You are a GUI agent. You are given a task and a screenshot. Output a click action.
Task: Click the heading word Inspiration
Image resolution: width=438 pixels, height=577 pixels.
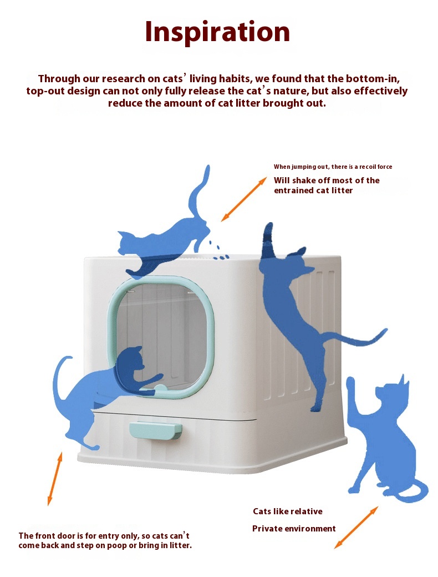click(x=217, y=32)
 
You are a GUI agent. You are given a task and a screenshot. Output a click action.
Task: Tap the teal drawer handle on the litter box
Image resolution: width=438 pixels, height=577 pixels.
click(x=156, y=430)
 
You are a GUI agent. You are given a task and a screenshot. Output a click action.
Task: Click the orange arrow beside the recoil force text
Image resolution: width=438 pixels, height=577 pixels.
click(x=243, y=199)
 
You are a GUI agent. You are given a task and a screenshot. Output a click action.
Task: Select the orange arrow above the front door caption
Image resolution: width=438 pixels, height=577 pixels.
click(x=55, y=478)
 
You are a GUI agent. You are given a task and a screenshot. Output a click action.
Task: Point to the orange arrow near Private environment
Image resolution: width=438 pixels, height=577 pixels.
click(x=356, y=528)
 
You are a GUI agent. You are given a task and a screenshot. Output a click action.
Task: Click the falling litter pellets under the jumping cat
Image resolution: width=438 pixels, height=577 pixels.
click(x=218, y=250)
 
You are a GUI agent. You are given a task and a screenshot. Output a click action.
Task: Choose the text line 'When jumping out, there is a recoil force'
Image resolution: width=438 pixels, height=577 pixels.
click(x=333, y=167)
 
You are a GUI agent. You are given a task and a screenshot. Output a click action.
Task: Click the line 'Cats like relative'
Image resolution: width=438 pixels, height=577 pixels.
click(x=288, y=511)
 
